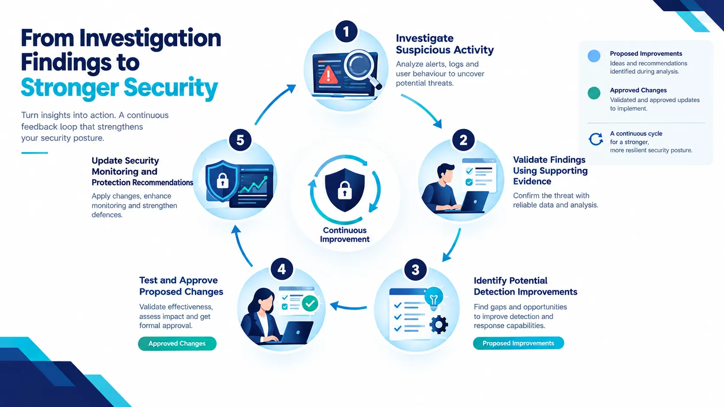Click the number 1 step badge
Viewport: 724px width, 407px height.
pyautogui.click(x=346, y=31)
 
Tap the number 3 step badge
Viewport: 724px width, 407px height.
pyautogui.click(x=415, y=269)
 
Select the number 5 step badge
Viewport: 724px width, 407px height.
pyautogui.click(x=240, y=140)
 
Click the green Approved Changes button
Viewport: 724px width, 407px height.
pyautogui.click(x=177, y=343)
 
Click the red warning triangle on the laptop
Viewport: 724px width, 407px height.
pyautogui.click(x=328, y=75)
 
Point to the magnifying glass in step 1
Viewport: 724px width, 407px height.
pyautogui.click(x=362, y=68)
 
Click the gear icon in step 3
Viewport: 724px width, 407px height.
pyautogui.click(x=439, y=325)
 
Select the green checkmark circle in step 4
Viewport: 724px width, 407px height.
pyautogui.click(x=310, y=303)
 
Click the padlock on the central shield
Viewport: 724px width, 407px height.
pyautogui.click(x=345, y=190)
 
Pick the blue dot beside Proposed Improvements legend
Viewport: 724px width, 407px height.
pyautogui.click(x=594, y=56)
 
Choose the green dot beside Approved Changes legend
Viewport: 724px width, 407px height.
pyautogui.click(x=594, y=93)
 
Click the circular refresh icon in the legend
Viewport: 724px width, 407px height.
pyautogui.click(x=595, y=139)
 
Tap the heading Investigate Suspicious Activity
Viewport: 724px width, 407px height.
pyautogui.click(x=445, y=44)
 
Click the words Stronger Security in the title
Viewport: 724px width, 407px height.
pyautogui.click(x=119, y=87)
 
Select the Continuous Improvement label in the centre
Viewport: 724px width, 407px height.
pyautogui.click(x=345, y=235)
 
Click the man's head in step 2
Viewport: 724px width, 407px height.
pyautogui.click(x=445, y=173)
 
